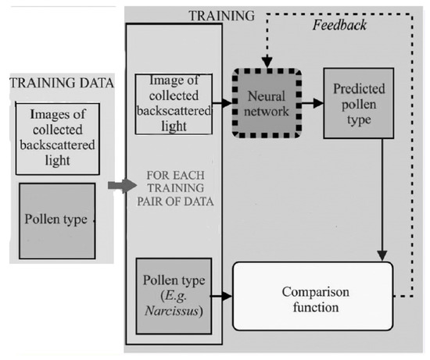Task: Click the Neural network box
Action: point(267,102)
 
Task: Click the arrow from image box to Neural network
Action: point(221,102)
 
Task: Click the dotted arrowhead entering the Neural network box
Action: point(267,64)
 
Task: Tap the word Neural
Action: point(267,94)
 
